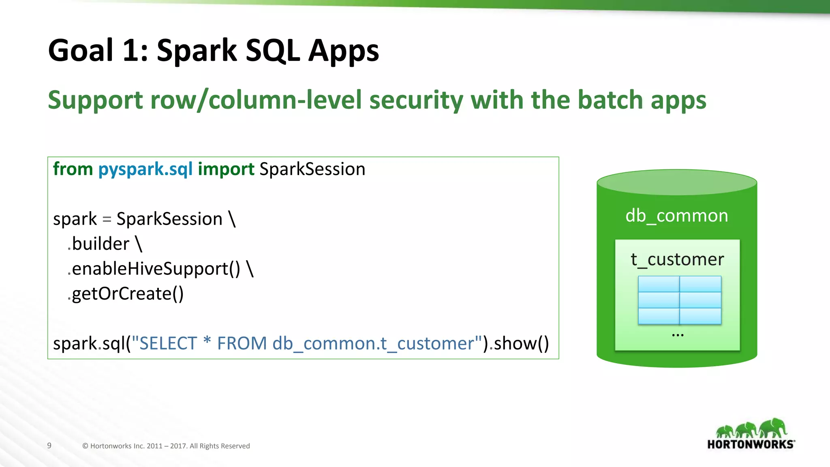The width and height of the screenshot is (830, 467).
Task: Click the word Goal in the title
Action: click(81, 50)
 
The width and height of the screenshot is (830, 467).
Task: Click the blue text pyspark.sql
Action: click(145, 169)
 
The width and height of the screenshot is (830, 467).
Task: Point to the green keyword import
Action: click(226, 169)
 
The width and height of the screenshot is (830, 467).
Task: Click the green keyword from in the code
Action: click(73, 169)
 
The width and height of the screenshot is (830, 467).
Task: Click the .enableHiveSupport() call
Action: click(154, 269)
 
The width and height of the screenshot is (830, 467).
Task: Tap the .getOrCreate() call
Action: click(126, 293)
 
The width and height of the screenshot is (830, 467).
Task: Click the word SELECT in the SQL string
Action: click(168, 343)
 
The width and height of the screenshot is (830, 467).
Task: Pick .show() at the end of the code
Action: click(519, 343)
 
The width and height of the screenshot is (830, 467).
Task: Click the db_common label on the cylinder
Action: click(676, 216)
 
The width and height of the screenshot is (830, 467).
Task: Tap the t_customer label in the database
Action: click(677, 259)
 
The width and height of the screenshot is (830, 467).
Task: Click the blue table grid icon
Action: click(680, 300)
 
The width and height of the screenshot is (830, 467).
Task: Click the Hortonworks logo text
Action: click(750, 444)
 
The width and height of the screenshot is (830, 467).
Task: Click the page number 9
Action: click(49, 446)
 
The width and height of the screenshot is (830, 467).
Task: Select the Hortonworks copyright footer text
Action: click(166, 446)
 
